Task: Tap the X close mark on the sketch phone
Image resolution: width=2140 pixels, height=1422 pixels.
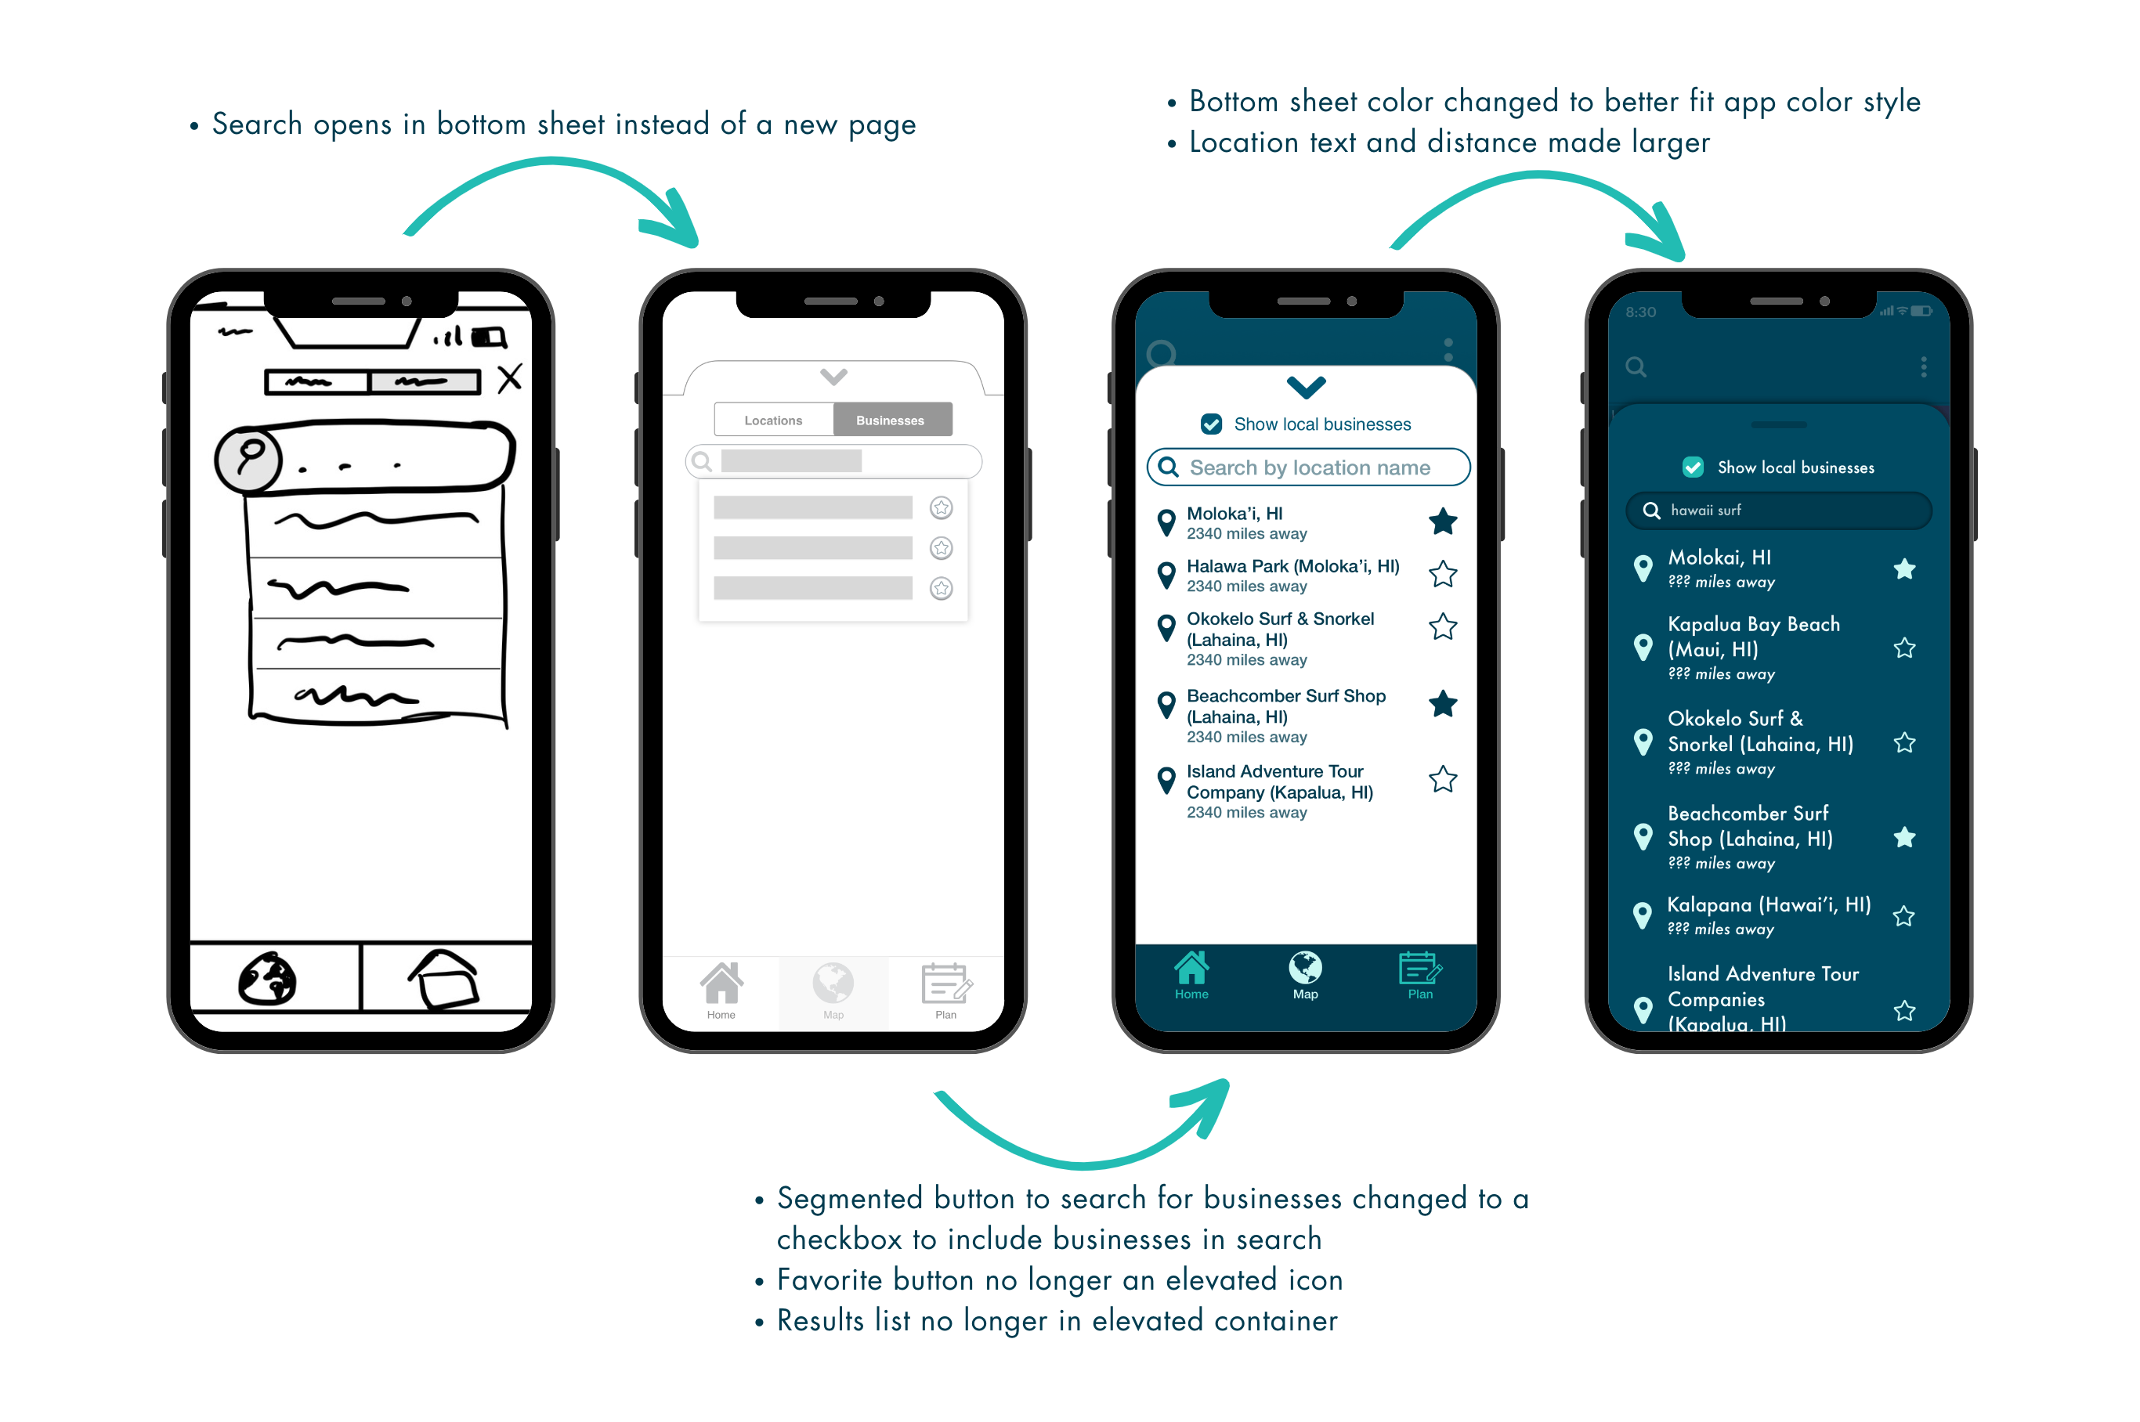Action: point(510,377)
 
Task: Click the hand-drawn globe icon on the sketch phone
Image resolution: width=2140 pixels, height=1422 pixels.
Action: point(268,979)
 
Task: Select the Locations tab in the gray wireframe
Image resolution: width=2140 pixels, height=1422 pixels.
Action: point(773,420)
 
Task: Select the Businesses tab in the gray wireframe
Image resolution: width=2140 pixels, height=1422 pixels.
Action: point(890,420)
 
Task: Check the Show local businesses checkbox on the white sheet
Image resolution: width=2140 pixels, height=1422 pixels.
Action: point(1211,424)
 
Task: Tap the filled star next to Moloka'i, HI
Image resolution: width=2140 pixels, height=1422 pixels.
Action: point(1442,522)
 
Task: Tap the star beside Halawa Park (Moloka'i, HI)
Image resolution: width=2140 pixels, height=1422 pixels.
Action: point(1442,574)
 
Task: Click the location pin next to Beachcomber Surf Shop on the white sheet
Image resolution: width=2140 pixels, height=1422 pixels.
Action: point(1166,705)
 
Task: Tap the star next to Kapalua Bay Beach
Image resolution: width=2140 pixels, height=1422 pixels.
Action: point(1904,648)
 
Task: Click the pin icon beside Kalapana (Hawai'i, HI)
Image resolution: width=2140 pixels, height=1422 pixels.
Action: point(1642,915)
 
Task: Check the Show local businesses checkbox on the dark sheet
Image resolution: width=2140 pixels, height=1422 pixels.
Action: point(1693,467)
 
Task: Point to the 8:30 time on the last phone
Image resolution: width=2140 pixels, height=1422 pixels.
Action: point(1640,312)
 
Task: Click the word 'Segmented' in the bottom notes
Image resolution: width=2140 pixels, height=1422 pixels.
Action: point(849,1199)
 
